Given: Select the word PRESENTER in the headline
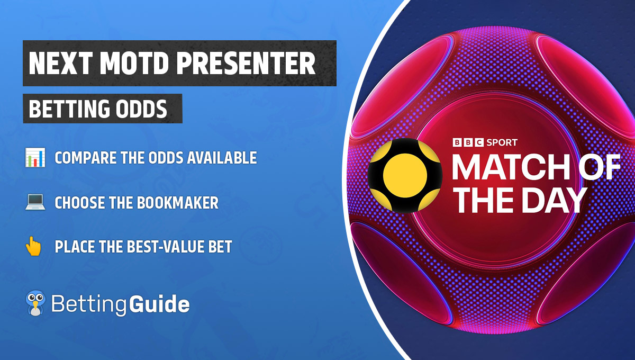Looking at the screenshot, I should (x=244, y=64).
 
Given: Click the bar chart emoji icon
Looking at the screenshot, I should (x=33, y=158).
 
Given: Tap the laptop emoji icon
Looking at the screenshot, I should (x=33, y=202).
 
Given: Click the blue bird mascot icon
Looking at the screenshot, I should (x=35, y=303).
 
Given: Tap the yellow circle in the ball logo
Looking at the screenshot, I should (x=405, y=175).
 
